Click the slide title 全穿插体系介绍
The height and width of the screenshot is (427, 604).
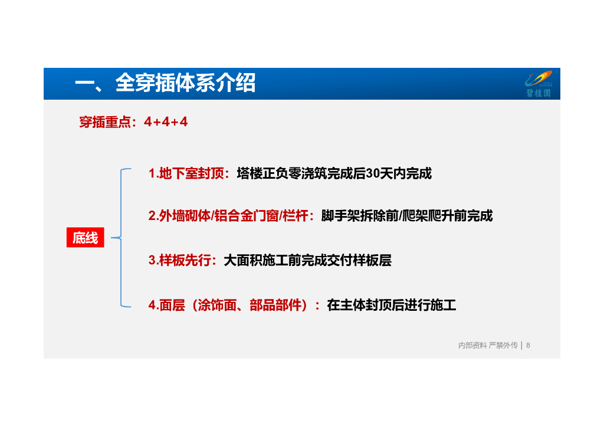165,84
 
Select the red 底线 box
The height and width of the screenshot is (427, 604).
85,238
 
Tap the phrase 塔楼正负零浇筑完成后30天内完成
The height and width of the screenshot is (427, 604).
334,174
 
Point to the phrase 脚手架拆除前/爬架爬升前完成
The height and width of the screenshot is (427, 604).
406,216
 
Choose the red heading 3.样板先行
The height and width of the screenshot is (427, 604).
183,260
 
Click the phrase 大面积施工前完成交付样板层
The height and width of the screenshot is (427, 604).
307,260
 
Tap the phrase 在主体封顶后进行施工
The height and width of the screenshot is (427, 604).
391,305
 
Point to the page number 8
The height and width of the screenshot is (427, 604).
528,345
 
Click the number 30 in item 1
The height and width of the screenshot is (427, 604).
373,174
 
